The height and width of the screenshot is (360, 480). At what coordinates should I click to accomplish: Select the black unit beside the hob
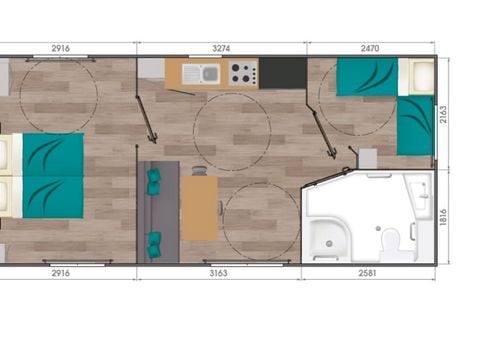point(283,72)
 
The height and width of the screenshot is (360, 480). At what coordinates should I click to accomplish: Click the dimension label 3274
point(221,47)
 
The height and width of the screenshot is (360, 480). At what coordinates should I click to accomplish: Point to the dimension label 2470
point(371,47)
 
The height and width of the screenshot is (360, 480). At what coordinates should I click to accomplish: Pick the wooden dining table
point(199,207)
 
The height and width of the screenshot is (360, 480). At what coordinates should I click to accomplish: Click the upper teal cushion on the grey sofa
point(154,181)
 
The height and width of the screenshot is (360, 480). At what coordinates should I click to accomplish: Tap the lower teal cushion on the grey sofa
point(154,240)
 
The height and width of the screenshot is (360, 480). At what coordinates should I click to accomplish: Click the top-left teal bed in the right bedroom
point(366,77)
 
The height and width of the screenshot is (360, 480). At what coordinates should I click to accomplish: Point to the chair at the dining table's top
point(199,171)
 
